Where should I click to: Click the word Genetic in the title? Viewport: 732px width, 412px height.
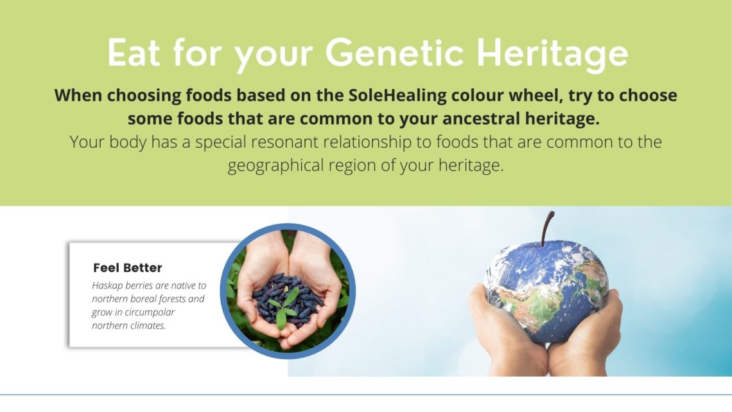tap(394, 52)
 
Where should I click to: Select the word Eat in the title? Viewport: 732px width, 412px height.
tap(134, 52)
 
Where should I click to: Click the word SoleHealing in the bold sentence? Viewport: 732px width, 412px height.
tap(397, 96)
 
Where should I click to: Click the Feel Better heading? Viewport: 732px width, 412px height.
tap(127, 267)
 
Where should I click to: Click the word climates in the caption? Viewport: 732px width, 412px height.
tap(148, 326)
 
